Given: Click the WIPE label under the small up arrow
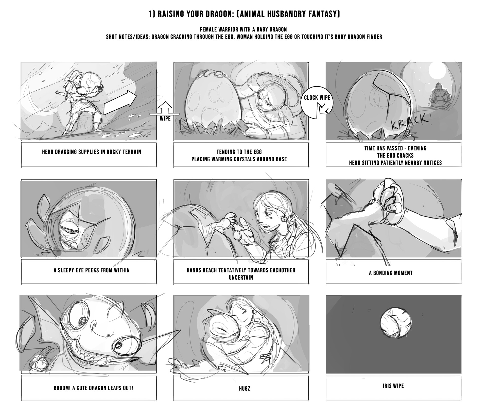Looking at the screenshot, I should pyautogui.click(x=165, y=118).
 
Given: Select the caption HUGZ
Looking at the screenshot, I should pyautogui.click(x=245, y=388).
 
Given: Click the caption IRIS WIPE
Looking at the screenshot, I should pyautogui.click(x=393, y=386).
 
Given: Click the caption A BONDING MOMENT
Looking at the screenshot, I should pyautogui.click(x=391, y=273).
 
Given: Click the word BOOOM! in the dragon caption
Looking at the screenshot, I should pyautogui.click(x=61, y=388).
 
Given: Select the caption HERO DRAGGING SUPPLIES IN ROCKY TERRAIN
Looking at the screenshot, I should pyautogui.click(x=91, y=152).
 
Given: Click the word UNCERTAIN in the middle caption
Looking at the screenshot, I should pyautogui.click(x=241, y=277).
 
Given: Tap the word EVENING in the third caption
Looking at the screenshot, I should pyautogui.click(x=417, y=148).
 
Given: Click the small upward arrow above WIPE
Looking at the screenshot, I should pyautogui.click(x=165, y=107).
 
